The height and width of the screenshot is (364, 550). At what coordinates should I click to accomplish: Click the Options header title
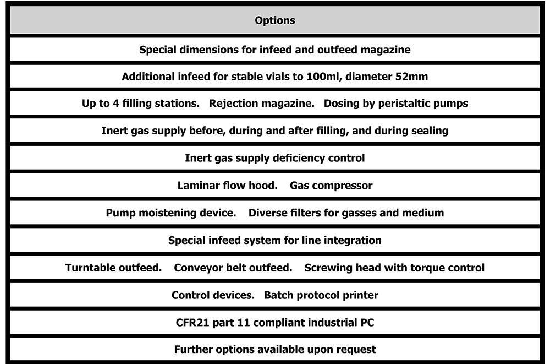point(275,21)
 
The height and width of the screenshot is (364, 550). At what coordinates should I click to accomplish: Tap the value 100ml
point(328,77)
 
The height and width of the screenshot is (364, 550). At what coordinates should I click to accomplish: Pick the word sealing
point(429,131)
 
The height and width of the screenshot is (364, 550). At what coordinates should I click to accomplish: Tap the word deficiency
point(300,159)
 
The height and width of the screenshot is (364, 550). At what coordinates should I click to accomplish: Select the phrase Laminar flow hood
point(227,186)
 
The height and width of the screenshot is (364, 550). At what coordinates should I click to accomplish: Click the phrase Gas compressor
point(331,186)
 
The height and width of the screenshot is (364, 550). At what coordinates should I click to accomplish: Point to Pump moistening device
point(170,213)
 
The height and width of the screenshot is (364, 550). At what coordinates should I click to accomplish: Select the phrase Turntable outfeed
point(113,268)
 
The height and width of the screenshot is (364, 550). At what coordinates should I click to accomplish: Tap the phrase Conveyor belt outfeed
point(233,268)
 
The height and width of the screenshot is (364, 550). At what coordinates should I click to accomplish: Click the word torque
point(421,268)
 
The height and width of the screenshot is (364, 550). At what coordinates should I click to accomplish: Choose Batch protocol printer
point(321,295)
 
